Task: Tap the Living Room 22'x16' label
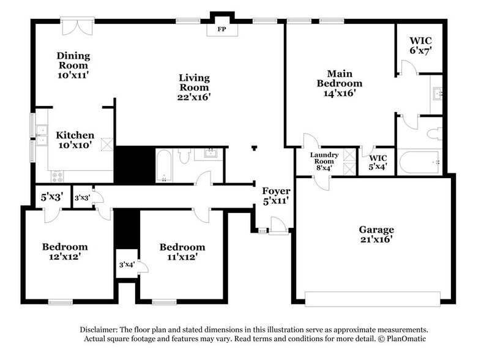tap(195, 87)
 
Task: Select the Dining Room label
tap(73, 65)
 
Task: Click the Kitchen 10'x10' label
tap(75, 140)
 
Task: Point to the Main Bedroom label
tap(339, 83)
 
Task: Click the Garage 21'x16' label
tap(376, 234)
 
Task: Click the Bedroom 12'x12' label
tap(64, 252)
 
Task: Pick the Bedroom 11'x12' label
tap(182, 252)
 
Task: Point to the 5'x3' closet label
tap(52, 198)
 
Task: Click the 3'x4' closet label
tap(126, 265)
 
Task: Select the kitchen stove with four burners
tap(58, 176)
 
